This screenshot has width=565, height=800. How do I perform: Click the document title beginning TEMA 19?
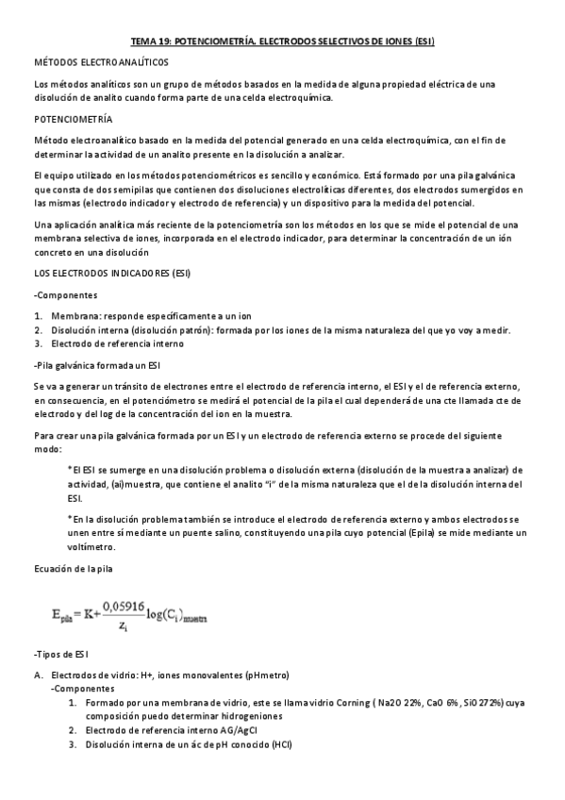[282, 42]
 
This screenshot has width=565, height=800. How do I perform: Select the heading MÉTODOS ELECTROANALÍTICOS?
[100, 61]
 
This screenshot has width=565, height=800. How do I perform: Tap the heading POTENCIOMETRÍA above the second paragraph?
[72, 120]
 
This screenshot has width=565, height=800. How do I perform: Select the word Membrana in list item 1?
[75, 315]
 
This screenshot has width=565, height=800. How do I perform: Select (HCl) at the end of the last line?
[280, 744]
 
